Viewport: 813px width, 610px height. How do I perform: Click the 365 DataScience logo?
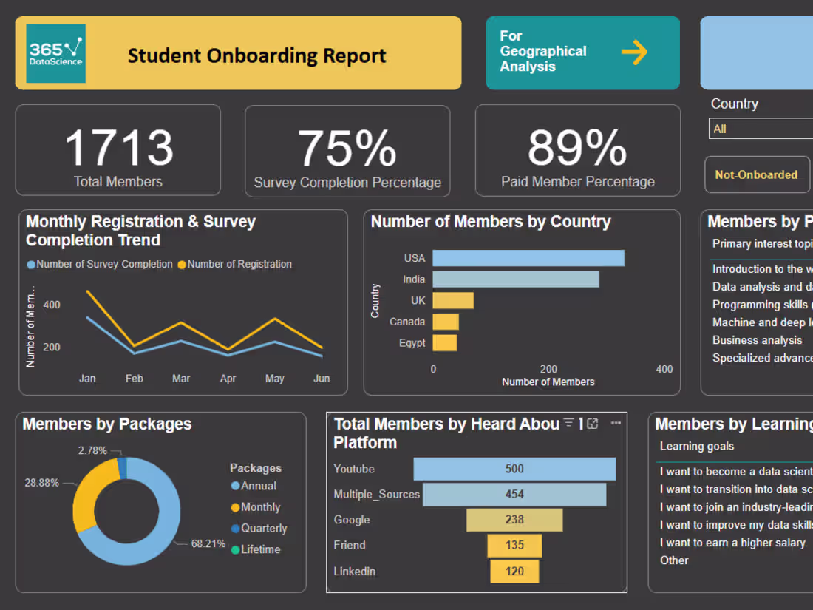tap(55, 53)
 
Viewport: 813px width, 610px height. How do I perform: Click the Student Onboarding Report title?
tap(256, 55)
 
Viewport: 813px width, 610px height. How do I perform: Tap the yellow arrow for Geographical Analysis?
tap(633, 52)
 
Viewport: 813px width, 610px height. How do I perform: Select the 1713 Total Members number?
tap(118, 147)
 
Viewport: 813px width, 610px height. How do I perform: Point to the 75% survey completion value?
tap(347, 148)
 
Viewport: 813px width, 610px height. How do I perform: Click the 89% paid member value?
tap(577, 148)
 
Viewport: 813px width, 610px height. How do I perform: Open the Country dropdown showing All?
tap(760, 129)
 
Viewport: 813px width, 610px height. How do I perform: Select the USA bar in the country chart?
tap(528, 258)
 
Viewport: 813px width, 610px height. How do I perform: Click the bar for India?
tap(515, 279)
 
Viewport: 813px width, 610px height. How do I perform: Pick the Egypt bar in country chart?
tap(445, 343)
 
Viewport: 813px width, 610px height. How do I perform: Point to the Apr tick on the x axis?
tap(228, 379)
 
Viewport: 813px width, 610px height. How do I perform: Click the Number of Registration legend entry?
tap(239, 264)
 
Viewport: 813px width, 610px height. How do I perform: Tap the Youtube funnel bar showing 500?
tap(514, 469)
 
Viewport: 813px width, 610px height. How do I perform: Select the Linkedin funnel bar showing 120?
tap(514, 571)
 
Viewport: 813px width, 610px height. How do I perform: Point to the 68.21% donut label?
tap(208, 543)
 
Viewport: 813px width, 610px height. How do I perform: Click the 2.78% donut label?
tap(92, 450)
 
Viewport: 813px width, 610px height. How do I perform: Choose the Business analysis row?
tap(757, 340)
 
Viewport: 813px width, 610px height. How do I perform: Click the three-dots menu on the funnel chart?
tap(616, 424)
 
